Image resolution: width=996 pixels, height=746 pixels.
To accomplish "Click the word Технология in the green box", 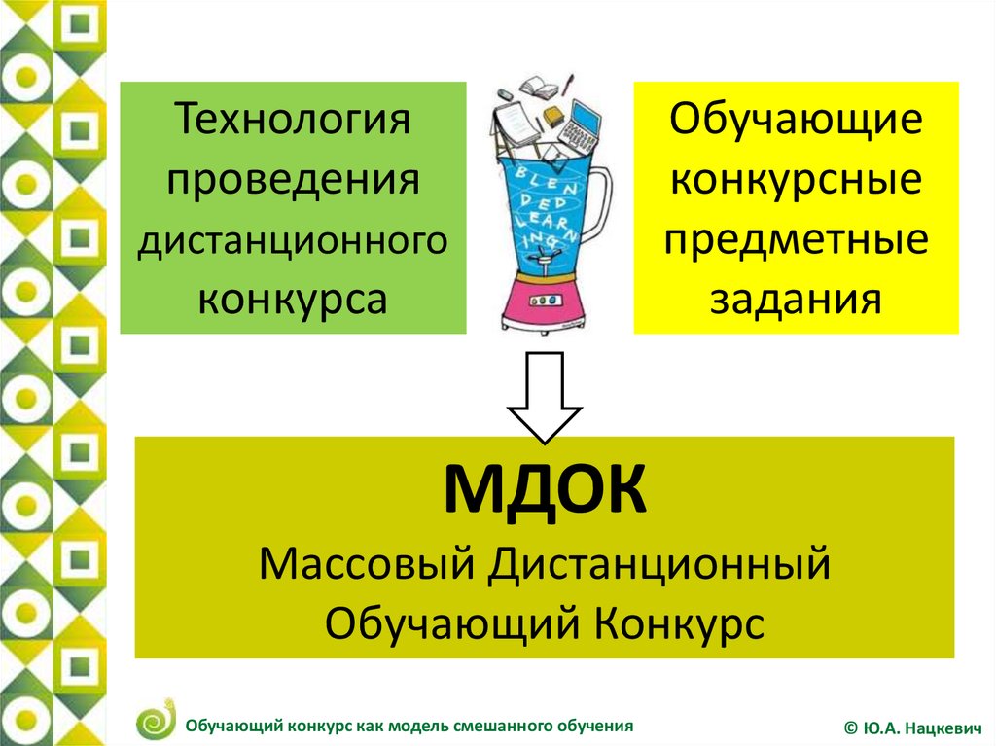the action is (x=292, y=119).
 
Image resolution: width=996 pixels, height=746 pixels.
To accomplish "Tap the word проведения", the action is (x=293, y=181).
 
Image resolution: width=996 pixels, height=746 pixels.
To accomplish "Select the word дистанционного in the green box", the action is (x=293, y=242).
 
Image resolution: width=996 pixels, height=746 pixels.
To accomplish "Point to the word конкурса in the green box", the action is (x=292, y=299).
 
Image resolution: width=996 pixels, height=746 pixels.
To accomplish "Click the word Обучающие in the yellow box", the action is (x=796, y=121).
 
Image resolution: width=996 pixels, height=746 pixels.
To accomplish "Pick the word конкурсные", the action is (x=796, y=181).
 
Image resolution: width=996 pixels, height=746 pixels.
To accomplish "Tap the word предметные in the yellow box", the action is (x=796, y=242).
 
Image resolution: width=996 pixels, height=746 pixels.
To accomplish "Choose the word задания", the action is (x=796, y=299).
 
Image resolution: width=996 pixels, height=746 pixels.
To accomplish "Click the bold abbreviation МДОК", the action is (x=545, y=489).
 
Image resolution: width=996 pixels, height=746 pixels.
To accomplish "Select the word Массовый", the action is (x=367, y=563).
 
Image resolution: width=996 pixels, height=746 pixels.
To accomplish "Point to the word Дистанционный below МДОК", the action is (x=659, y=564).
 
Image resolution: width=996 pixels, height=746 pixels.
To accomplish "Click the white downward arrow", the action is (x=545, y=397).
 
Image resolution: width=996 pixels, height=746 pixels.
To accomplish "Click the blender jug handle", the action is (x=599, y=197).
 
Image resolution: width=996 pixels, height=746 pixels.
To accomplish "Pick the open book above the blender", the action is (x=539, y=88).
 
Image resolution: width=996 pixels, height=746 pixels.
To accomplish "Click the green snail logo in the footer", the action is (x=156, y=719).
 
